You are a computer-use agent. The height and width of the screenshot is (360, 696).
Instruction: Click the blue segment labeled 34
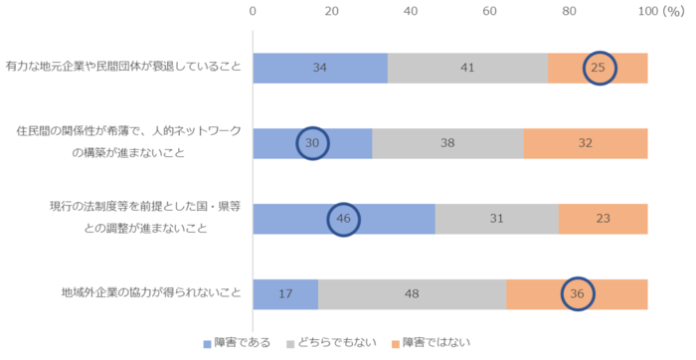click(x=320, y=69)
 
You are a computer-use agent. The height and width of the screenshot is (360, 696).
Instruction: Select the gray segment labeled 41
click(x=467, y=69)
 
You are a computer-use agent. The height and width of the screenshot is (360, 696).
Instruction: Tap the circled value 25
click(x=599, y=69)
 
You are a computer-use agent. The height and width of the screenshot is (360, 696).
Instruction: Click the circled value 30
click(x=313, y=143)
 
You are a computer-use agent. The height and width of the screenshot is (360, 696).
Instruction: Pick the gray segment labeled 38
click(x=447, y=143)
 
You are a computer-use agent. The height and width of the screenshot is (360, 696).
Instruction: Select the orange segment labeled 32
click(x=586, y=143)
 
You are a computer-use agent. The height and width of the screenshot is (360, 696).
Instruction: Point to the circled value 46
click(x=344, y=219)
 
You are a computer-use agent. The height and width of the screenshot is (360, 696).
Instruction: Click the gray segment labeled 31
click(x=496, y=219)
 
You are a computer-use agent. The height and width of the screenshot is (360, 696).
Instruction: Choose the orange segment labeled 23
click(x=603, y=219)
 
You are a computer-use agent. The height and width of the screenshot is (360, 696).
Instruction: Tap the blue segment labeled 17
click(x=285, y=294)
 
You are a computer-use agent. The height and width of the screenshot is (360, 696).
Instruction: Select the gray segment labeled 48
click(x=412, y=294)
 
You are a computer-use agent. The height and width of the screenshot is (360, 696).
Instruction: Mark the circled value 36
click(x=578, y=294)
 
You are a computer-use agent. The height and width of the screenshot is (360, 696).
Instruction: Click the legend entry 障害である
click(x=238, y=343)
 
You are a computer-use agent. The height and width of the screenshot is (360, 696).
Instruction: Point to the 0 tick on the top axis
click(x=254, y=11)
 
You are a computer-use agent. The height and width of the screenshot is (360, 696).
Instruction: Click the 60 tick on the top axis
click(x=489, y=11)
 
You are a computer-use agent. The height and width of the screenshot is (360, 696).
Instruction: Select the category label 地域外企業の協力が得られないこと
click(x=152, y=293)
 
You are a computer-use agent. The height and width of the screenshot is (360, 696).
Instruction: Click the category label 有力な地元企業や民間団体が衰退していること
click(x=123, y=68)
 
